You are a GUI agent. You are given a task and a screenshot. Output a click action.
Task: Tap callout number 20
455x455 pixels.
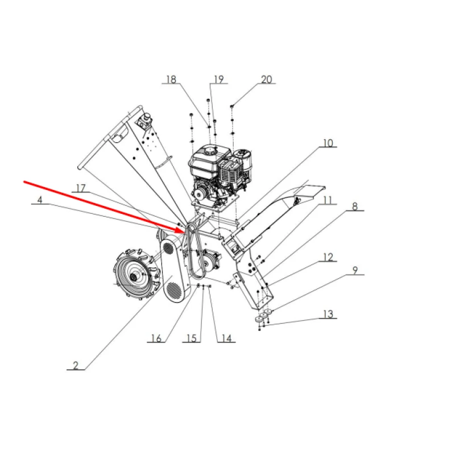click(266, 80)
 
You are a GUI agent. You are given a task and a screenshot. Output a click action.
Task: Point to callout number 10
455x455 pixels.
click(328, 143)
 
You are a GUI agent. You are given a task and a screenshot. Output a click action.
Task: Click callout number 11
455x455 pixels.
click(328, 200)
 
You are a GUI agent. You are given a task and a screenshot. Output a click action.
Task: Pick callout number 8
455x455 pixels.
click(354, 207)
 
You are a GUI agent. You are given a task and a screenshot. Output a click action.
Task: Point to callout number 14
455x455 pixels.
click(226, 338)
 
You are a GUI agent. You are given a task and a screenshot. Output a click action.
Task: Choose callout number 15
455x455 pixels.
click(192, 338)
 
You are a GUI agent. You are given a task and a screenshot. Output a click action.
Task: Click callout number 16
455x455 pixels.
click(156, 338)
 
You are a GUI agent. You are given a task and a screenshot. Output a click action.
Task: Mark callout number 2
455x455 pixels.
click(75, 365)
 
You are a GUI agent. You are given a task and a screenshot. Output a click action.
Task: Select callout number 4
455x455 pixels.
click(40, 200)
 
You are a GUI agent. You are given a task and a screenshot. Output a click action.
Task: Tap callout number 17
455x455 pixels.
click(81, 188)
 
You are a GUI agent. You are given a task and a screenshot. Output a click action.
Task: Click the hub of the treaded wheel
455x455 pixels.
click(135, 277)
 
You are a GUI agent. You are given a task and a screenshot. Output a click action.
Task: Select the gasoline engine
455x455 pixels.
click(219, 171)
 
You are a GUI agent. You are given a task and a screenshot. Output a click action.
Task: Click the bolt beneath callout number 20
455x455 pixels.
click(233, 106)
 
